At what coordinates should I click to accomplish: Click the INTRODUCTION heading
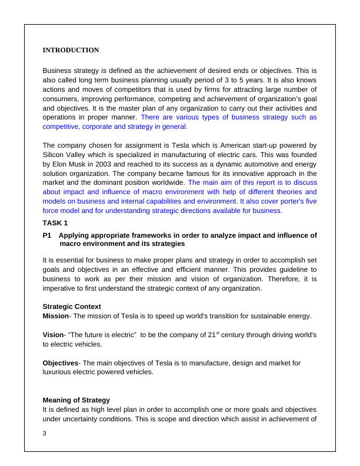click(x=71, y=51)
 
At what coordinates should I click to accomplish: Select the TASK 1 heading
click(x=55, y=223)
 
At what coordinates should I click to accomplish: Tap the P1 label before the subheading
click(x=48, y=235)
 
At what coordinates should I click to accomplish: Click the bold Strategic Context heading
click(x=72, y=307)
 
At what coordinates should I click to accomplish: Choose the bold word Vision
click(x=54, y=335)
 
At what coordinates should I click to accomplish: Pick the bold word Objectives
click(x=61, y=363)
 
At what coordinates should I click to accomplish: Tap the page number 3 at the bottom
click(x=45, y=434)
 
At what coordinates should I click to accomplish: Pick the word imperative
click(x=61, y=288)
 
